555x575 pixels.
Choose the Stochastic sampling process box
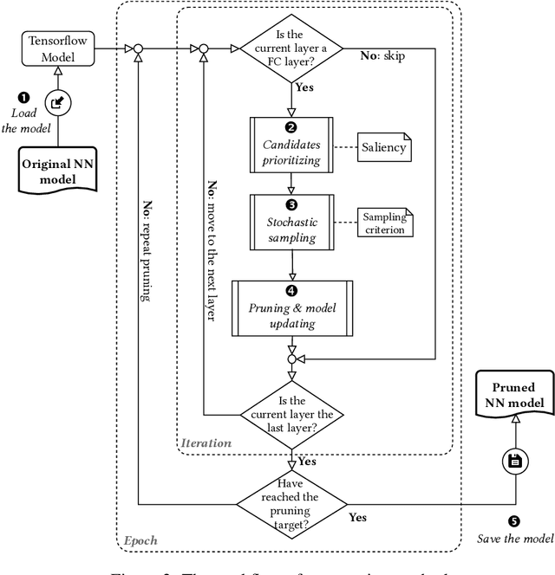[292, 223]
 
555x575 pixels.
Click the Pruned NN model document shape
[513, 397]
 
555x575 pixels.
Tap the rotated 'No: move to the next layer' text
[210, 251]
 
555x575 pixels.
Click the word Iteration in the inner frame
[206, 443]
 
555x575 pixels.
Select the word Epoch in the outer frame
[140, 539]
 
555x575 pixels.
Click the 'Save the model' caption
[515, 539]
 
